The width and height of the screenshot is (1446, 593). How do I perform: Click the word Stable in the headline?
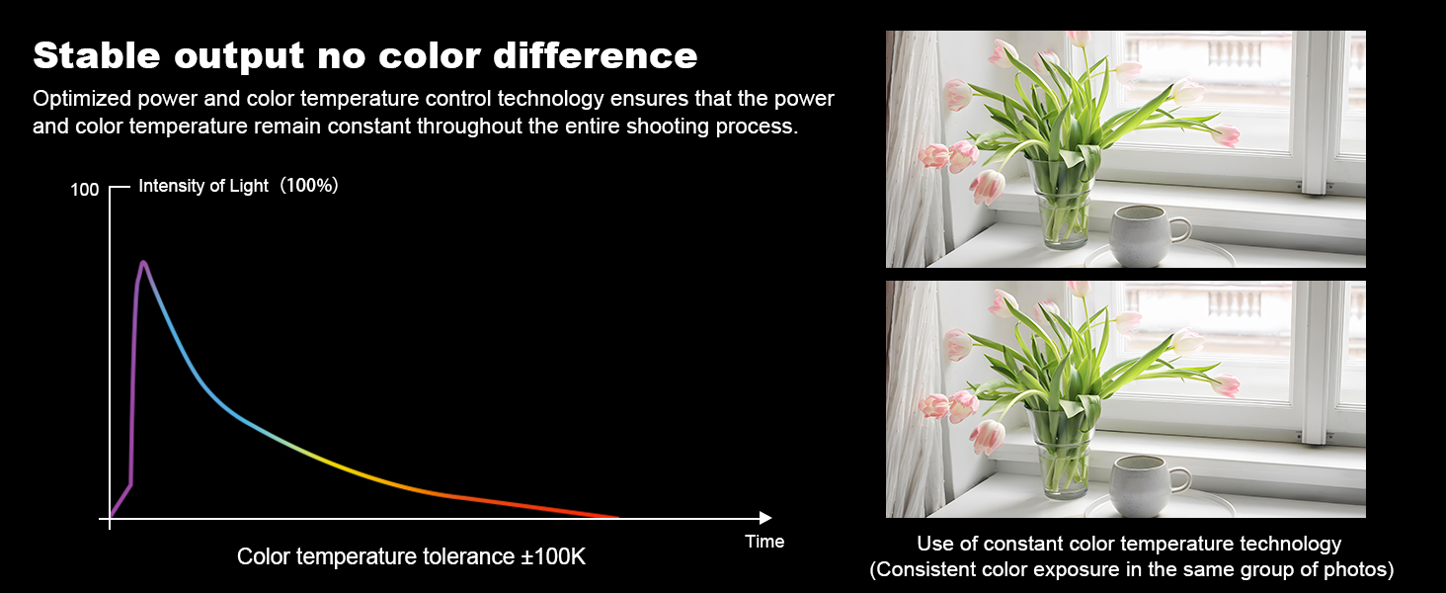[x=97, y=55]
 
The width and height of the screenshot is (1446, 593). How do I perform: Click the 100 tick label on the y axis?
[x=85, y=190]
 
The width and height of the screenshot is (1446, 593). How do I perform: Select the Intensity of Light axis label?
[x=203, y=186]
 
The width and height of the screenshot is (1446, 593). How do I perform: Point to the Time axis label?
[x=764, y=542]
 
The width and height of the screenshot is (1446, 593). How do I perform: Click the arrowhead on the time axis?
[x=765, y=518]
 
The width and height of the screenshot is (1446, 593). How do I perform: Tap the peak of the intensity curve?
[x=142, y=263]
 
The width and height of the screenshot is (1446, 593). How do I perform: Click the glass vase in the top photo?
[x=1062, y=203]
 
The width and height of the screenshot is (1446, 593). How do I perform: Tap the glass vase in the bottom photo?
[x=1062, y=453]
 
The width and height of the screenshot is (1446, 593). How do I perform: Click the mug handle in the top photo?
[x=1180, y=229]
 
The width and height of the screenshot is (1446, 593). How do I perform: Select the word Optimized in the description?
[x=82, y=99]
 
